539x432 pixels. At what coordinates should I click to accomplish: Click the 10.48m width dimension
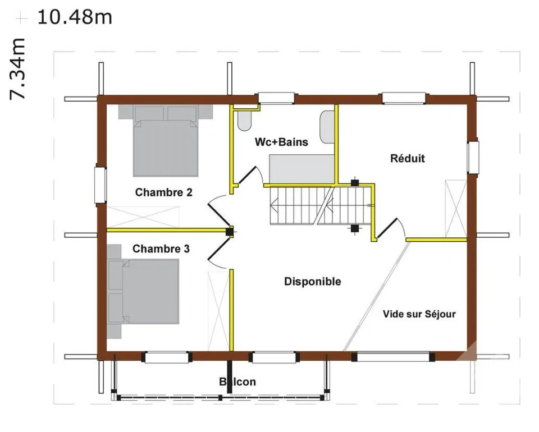point(75,17)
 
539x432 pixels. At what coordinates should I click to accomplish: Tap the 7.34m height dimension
point(17,69)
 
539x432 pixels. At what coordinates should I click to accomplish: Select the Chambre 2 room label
point(163,192)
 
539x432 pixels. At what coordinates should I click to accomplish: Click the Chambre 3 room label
point(161,249)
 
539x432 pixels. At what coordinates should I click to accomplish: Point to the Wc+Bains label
point(281,142)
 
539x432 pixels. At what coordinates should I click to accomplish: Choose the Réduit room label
point(408,158)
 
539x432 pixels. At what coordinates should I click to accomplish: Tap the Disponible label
point(313,282)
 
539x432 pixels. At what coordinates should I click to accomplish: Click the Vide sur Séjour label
point(419,314)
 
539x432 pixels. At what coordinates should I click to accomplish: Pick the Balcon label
point(237,382)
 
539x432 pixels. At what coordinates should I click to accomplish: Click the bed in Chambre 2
point(166,141)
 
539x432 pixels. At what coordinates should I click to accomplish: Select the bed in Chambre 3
point(143,291)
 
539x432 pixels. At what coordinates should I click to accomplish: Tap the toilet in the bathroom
point(244,121)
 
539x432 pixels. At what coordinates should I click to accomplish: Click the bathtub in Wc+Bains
point(302,169)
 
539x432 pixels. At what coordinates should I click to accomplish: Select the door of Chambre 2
point(218,213)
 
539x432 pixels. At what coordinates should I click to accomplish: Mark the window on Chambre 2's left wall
point(101,185)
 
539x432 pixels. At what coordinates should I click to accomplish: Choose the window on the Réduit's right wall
point(473,157)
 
